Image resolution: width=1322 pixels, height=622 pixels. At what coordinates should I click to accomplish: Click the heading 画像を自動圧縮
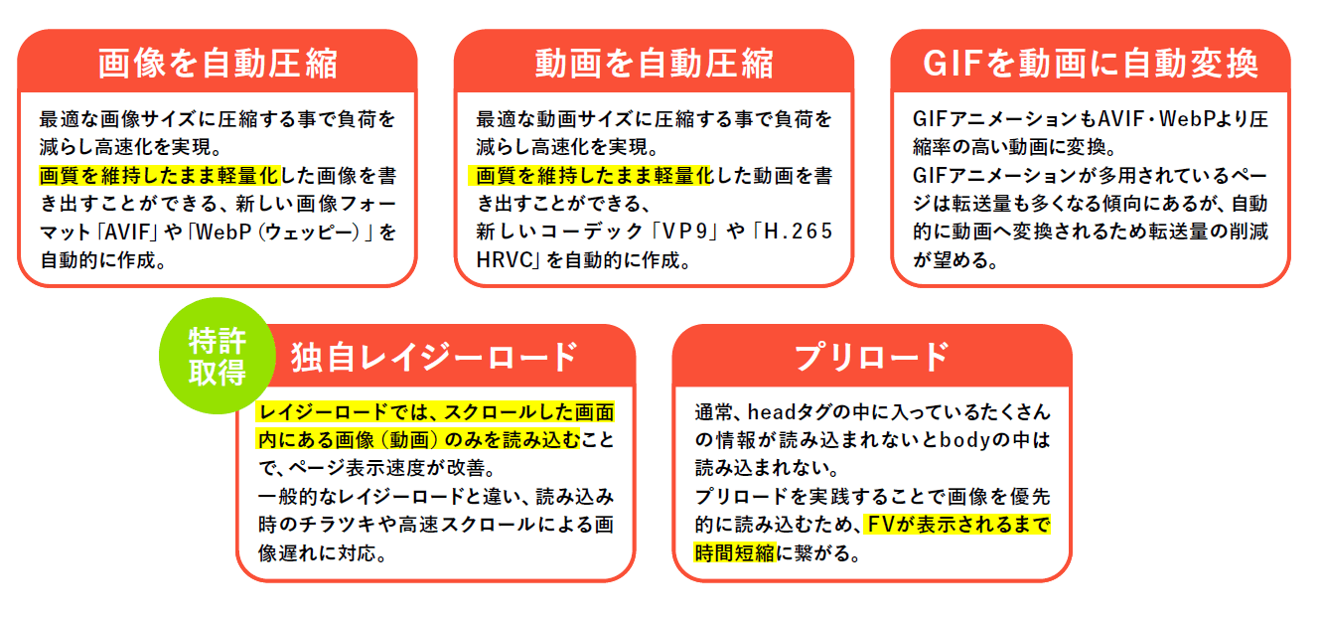[218, 64]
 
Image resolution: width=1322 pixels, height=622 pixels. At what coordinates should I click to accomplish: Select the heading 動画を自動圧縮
[654, 64]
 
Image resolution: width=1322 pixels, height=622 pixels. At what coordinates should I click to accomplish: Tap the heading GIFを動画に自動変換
[1091, 64]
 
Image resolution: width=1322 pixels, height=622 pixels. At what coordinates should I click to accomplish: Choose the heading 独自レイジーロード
[434, 357]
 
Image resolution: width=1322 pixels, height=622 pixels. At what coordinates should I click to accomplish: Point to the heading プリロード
[872, 357]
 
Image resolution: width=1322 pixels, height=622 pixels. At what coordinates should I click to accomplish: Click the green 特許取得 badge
[218, 356]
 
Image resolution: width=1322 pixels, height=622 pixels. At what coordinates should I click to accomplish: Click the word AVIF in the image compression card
[127, 232]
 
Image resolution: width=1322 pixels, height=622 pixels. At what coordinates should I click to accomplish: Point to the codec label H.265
[798, 232]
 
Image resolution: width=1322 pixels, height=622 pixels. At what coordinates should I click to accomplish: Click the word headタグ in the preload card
[788, 412]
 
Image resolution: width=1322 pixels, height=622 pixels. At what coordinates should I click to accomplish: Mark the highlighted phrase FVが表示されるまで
[956, 525]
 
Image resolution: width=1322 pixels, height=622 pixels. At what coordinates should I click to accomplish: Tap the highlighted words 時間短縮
[734, 553]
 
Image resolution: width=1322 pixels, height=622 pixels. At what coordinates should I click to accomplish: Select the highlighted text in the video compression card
[591, 176]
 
